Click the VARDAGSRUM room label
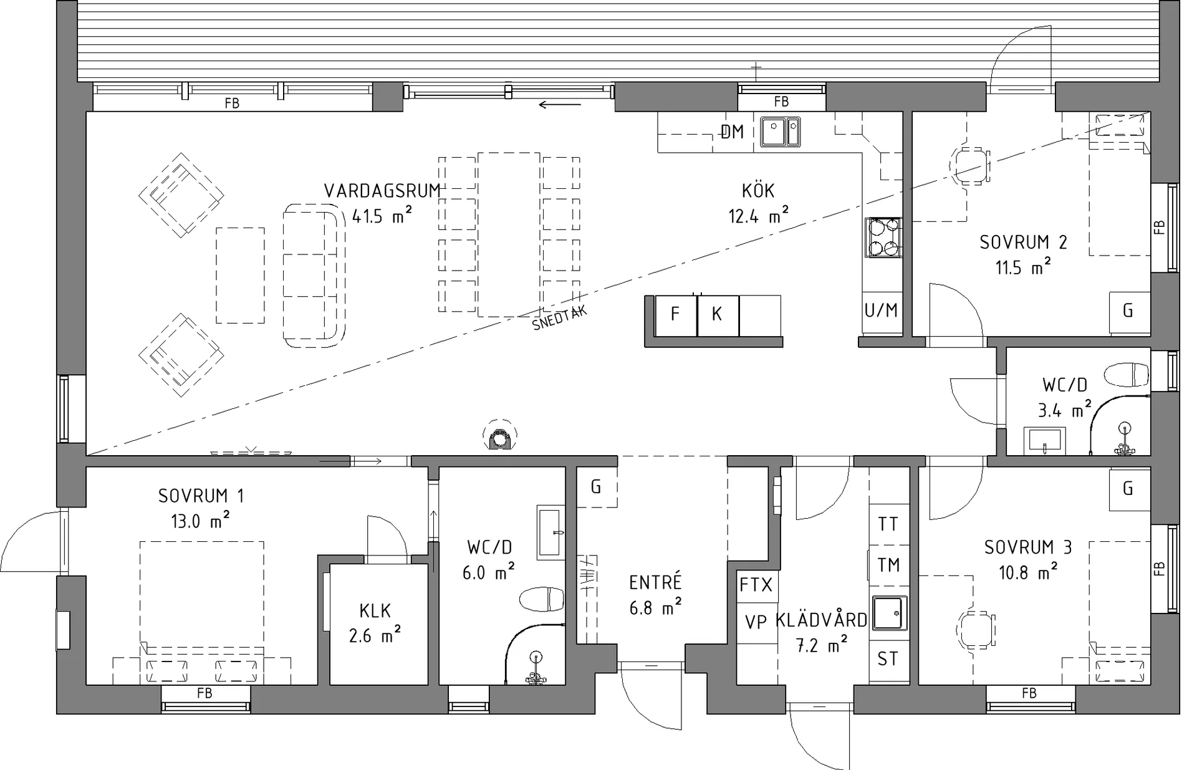tap(382, 191)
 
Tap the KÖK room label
tap(758, 190)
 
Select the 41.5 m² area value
tap(382, 216)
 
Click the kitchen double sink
tap(780, 132)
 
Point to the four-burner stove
tap(883, 238)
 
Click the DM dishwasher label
tap(732, 132)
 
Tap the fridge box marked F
tap(676, 315)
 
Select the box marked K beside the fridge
tap(718, 315)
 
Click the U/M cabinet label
tap(881, 310)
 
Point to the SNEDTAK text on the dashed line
tap(560, 319)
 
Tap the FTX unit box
tap(756, 585)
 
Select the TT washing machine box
tap(888, 524)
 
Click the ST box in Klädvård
tap(888, 660)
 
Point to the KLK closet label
tap(375, 610)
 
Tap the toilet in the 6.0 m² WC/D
tap(542, 599)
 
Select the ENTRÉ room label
tap(655, 583)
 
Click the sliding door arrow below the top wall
tap(559, 105)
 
